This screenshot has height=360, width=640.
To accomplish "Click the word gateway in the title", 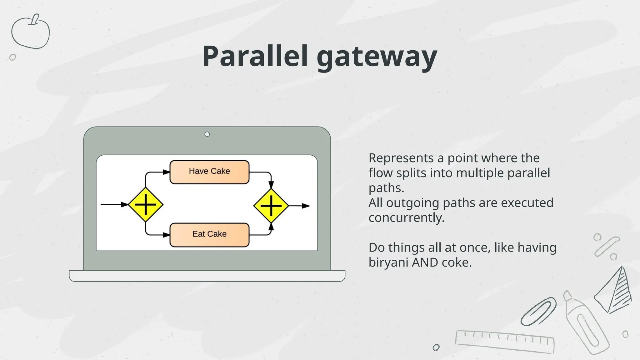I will [x=377, y=58].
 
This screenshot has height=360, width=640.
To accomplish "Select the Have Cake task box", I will [x=209, y=172].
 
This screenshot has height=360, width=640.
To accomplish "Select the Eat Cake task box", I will [x=209, y=235].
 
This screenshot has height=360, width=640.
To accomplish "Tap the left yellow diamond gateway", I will [x=146, y=205].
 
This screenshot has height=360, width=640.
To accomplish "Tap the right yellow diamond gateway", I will [x=271, y=206].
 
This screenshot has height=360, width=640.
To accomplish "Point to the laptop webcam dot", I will [x=207, y=134].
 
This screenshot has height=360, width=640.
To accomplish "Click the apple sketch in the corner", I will [x=30, y=32].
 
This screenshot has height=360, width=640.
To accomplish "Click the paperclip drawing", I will [x=538, y=312].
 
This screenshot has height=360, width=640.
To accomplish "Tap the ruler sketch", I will [x=505, y=342].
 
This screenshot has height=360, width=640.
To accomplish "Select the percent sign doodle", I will [x=607, y=247].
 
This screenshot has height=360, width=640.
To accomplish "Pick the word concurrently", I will [x=406, y=218].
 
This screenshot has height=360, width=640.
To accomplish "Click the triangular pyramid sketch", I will [x=614, y=291].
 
